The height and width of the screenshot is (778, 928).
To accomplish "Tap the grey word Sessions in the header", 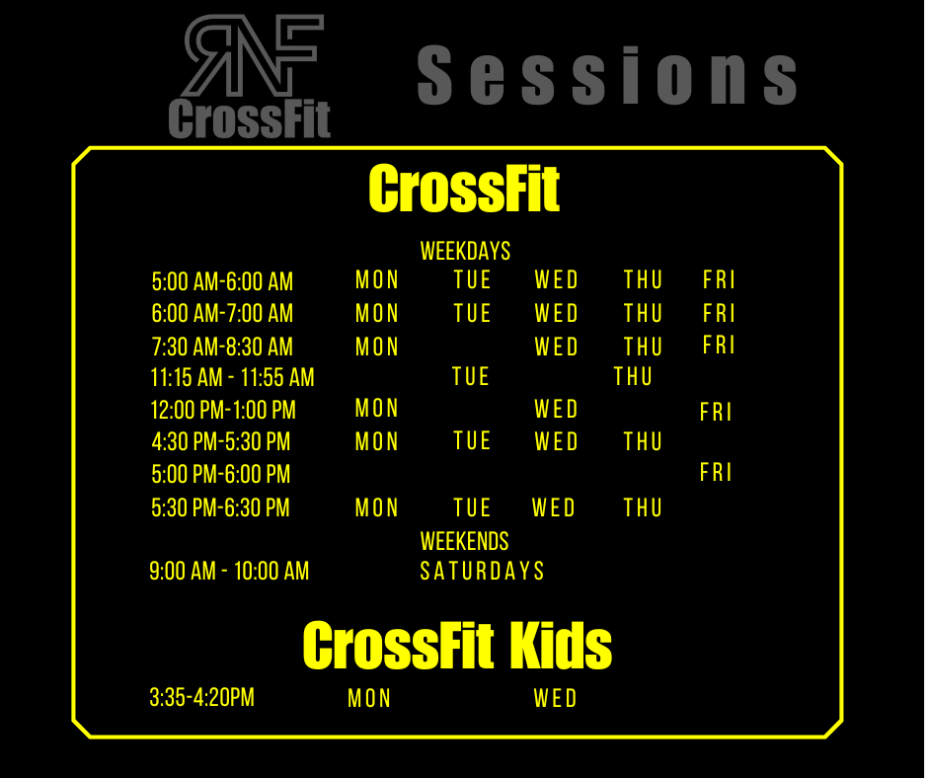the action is pyautogui.click(x=607, y=75).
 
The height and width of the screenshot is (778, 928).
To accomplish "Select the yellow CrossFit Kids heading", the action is pyautogui.click(x=457, y=645).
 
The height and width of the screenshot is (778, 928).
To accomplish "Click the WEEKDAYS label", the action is pyautogui.click(x=465, y=251).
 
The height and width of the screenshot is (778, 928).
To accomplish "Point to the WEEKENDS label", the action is pyautogui.click(x=465, y=541).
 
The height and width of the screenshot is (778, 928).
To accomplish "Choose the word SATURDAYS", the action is pyautogui.click(x=482, y=572).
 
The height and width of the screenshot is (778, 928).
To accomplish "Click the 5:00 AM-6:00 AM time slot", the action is pyautogui.click(x=222, y=281).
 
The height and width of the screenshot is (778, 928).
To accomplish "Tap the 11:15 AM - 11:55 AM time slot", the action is pyautogui.click(x=232, y=378).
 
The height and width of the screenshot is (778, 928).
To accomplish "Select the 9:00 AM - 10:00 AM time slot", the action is pyautogui.click(x=229, y=572).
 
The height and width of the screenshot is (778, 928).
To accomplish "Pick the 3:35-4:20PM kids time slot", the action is pyautogui.click(x=201, y=697).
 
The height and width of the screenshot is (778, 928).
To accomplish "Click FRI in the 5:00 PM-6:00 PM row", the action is pyautogui.click(x=716, y=473).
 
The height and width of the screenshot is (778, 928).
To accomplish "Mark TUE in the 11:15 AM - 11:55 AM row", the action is pyautogui.click(x=471, y=376).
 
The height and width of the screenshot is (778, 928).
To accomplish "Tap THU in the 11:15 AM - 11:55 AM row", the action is pyautogui.click(x=633, y=376).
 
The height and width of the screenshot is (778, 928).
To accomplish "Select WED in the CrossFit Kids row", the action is pyautogui.click(x=555, y=698).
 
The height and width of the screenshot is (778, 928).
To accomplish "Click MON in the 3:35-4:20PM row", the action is pyautogui.click(x=369, y=698).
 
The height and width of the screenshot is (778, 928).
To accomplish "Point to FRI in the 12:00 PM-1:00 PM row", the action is pyautogui.click(x=716, y=412).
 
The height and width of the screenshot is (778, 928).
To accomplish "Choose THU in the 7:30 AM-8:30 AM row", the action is pyautogui.click(x=643, y=347).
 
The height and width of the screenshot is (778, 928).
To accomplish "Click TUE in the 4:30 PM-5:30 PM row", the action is pyautogui.click(x=472, y=441).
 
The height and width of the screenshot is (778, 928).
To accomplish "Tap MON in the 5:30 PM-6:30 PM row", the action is pyautogui.click(x=377, y=508).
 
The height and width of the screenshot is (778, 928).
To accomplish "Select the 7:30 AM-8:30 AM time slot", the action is pyautogui.click(x=222, y=347).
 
